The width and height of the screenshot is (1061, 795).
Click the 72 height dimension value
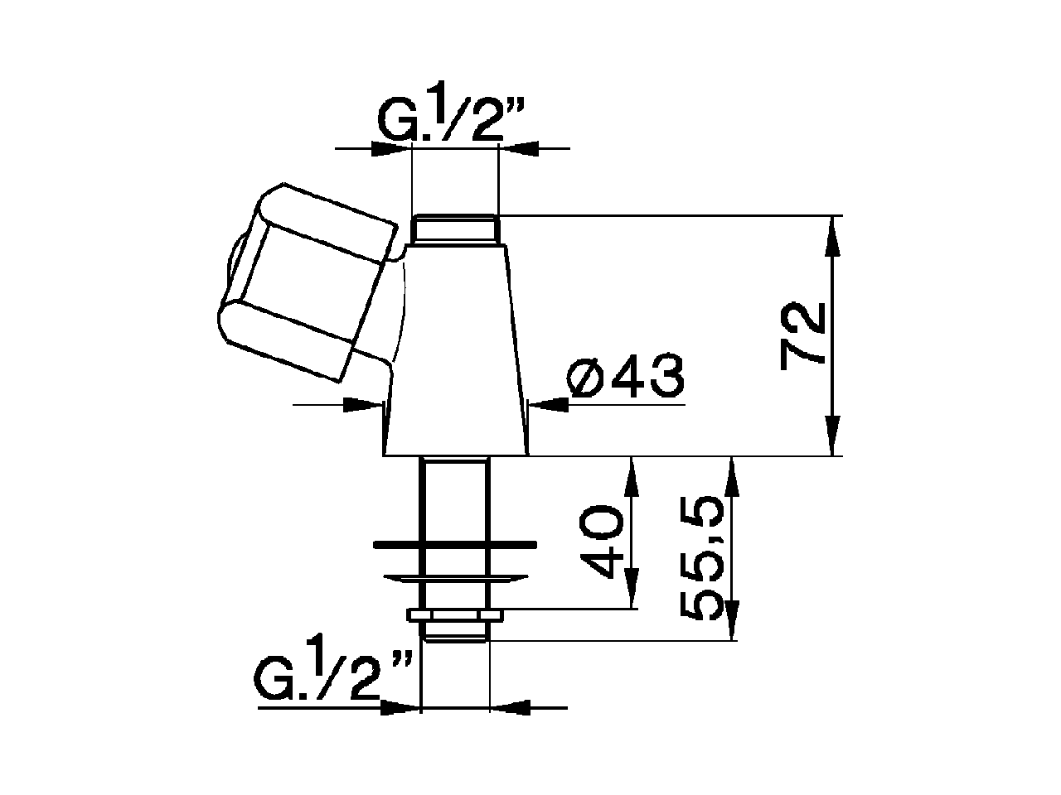click(802, 334)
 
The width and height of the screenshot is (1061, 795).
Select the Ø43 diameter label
click(626, 378)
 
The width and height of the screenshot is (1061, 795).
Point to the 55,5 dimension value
click(704, 560)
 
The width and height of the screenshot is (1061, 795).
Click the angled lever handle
click(303, 286)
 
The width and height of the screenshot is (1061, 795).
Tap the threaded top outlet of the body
click(455, 229)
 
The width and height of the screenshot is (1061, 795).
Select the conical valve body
click(455, 356)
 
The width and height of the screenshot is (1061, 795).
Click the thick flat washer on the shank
click(455, 545)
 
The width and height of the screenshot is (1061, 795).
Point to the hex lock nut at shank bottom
click(455, 615)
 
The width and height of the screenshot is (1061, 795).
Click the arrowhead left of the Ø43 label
click(548, 404)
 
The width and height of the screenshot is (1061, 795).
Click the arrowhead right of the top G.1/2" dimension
click(519, 148)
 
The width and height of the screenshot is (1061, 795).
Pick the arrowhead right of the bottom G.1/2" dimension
click(511, 707)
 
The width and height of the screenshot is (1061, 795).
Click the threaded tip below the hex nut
click(455, 631)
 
